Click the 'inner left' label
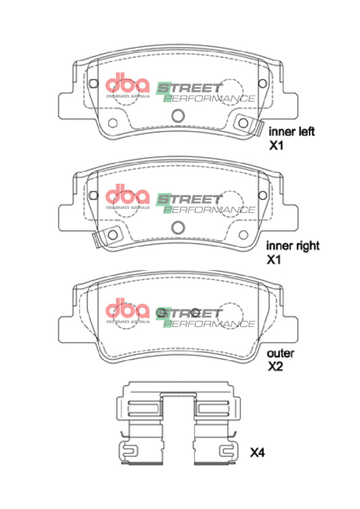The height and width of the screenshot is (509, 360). [x=292, y=132]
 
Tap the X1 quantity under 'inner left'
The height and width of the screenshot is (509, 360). [x=275, y=146]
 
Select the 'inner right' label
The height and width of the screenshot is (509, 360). [x=293, y=245]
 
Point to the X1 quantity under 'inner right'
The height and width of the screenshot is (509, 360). [x=275, y=260]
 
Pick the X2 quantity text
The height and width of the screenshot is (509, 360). [x=275, y=367]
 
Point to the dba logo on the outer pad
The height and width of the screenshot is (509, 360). [x=127, y=310]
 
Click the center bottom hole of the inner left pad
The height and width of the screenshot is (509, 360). [x=178, y=115]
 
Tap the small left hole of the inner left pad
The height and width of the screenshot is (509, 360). [x=113, y=123]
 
